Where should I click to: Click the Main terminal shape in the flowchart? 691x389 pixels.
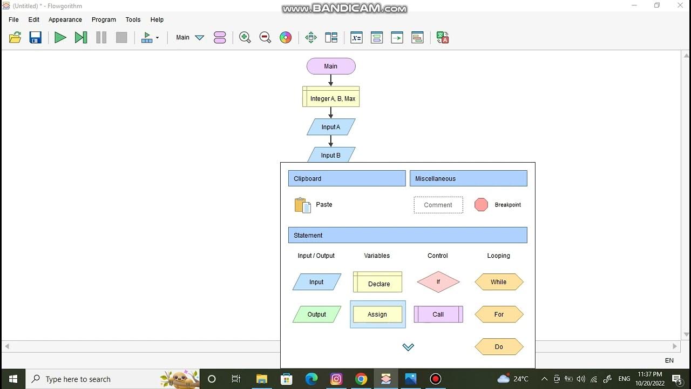pos(331,66)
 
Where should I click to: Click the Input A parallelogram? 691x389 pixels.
pos(331,127)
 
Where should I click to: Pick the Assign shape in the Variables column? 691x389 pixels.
pos(377,314)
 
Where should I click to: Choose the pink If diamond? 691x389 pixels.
pos(438,282)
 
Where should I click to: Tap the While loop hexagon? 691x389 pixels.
pos(499,282)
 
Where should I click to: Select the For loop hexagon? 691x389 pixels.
pos(499,314)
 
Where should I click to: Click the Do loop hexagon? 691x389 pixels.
pos(499,347)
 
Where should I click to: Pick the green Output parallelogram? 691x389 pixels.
pos(317,314)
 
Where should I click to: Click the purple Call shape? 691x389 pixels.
pos(438,314)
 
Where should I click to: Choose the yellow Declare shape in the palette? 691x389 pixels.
pos(377,282)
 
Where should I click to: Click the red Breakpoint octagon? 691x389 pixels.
pos(481,205)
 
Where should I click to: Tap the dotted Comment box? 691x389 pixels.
pos(438,205)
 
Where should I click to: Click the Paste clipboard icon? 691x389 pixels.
pos(302,205)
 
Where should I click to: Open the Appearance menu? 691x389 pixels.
pos(65,19)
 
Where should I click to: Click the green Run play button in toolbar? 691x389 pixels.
pos(60,38)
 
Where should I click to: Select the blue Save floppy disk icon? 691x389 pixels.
pos(36,38)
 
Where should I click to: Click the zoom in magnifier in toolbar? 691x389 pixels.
pos(245,38)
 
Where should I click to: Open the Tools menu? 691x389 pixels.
pos(133,19)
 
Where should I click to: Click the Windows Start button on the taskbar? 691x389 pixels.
pos(13,379)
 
